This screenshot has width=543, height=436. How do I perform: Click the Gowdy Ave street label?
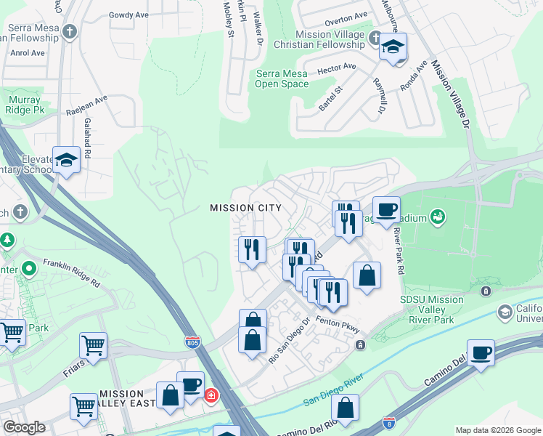(x=129, y=15)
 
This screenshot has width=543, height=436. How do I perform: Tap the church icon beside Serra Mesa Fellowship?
(x=69, y=32)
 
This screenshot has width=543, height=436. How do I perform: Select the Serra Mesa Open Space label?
(x=282, y=78)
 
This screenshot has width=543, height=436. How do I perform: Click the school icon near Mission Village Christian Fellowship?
(x=393, y=48)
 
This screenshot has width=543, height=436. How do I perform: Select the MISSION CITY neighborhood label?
(x=245, y=208)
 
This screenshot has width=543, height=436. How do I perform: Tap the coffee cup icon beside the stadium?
(x=386, y=210)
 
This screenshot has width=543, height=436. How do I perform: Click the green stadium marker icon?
(x=438, y=216)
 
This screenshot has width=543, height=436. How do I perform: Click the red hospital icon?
(x=211, y=396)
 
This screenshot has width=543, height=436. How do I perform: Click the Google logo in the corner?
(x=24, y=427)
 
